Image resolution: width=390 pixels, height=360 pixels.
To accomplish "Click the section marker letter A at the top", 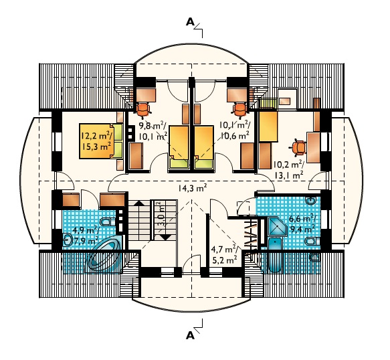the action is (x=190, y=22).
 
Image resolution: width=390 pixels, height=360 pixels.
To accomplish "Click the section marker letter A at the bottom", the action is (x=190, y=336).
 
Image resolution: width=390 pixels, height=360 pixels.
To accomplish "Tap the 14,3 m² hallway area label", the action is (x=192, y=188).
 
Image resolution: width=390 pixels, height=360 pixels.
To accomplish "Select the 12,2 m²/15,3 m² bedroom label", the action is (x=96, y=141).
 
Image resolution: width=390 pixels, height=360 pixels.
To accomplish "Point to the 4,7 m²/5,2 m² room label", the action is (x=224, y=254).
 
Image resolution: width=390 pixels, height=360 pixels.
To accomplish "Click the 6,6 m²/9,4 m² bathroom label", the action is (x=302, y=223).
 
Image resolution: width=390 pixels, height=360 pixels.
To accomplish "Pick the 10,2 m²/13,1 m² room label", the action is (x=288, y=170).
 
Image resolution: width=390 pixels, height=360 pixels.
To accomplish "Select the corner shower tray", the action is (x=277, y=227).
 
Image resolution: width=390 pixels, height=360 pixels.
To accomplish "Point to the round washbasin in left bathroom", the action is (x=68, y=240).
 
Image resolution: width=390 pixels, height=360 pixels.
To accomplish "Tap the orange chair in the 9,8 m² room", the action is (x=143, y=110).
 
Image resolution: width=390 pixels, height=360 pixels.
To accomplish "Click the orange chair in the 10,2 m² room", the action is (x=298, y=149).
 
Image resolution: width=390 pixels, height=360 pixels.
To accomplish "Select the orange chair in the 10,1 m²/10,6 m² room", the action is (x=240, y=110).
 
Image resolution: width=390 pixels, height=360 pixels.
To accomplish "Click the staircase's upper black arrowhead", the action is (x=139, y=203).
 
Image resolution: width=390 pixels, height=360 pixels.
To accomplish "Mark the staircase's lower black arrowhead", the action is (x=165, y=237).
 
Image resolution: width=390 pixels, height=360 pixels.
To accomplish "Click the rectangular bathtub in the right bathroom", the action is (x=276, y=254).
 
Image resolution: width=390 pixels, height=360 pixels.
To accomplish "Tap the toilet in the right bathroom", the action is (x=312, y=241).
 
